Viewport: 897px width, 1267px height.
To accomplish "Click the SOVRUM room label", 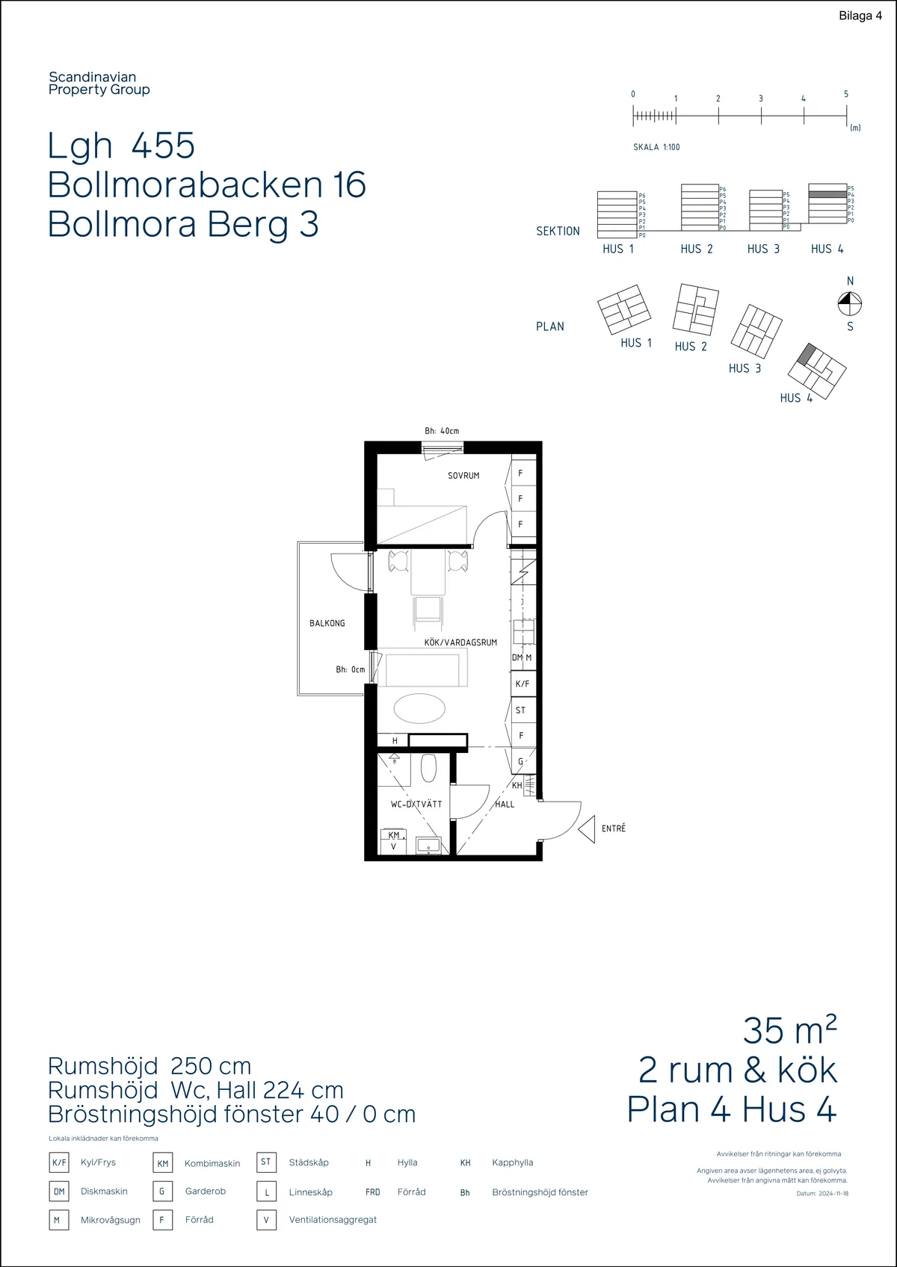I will point(463,476).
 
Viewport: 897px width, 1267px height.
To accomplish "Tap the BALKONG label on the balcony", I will point(327,623).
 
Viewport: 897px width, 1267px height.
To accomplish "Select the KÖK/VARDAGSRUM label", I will point(460,642).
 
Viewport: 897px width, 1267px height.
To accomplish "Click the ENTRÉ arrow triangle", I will point(586,829).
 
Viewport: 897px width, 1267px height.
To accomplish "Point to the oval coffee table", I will point(419,708).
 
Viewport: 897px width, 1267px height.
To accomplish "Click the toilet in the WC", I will point(428,768).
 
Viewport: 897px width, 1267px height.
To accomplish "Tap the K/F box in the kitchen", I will point(523,684).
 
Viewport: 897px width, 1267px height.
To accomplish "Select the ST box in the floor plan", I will point(521,710).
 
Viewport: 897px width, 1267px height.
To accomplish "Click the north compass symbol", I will point(849,303).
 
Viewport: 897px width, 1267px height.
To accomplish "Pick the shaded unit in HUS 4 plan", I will point(806,354).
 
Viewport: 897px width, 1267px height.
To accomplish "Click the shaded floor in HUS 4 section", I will point(827,194).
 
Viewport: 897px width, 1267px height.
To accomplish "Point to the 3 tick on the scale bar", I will point(761,115).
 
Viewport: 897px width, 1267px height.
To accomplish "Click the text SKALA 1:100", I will point(656,147).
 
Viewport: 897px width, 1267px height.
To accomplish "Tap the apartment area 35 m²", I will point(789,1031).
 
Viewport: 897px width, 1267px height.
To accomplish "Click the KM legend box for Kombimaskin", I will point(163,1163).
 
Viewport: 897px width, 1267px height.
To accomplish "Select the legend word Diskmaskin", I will point(104,1192).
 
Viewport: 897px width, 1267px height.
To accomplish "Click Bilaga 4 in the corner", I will point(860,16).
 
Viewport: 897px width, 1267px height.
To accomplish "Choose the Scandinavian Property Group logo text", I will point(99,83).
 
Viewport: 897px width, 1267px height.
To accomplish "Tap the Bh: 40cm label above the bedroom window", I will point(442,431).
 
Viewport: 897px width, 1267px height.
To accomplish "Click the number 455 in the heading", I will point(163,146).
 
